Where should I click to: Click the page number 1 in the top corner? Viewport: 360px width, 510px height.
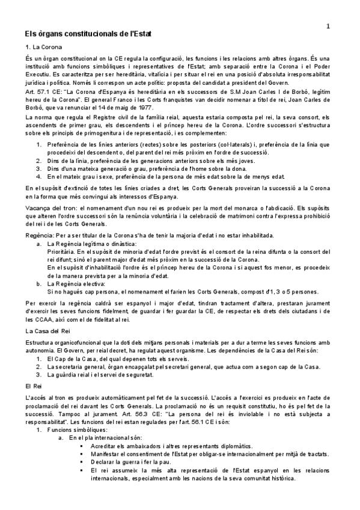(x=328, y=26)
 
